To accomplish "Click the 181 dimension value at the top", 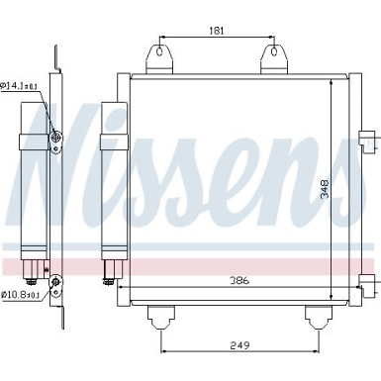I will coord(217,31).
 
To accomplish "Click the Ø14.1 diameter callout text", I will coord(19,86).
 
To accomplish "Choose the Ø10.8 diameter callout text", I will coord(19,294).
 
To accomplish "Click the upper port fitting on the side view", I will coord(55,139).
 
